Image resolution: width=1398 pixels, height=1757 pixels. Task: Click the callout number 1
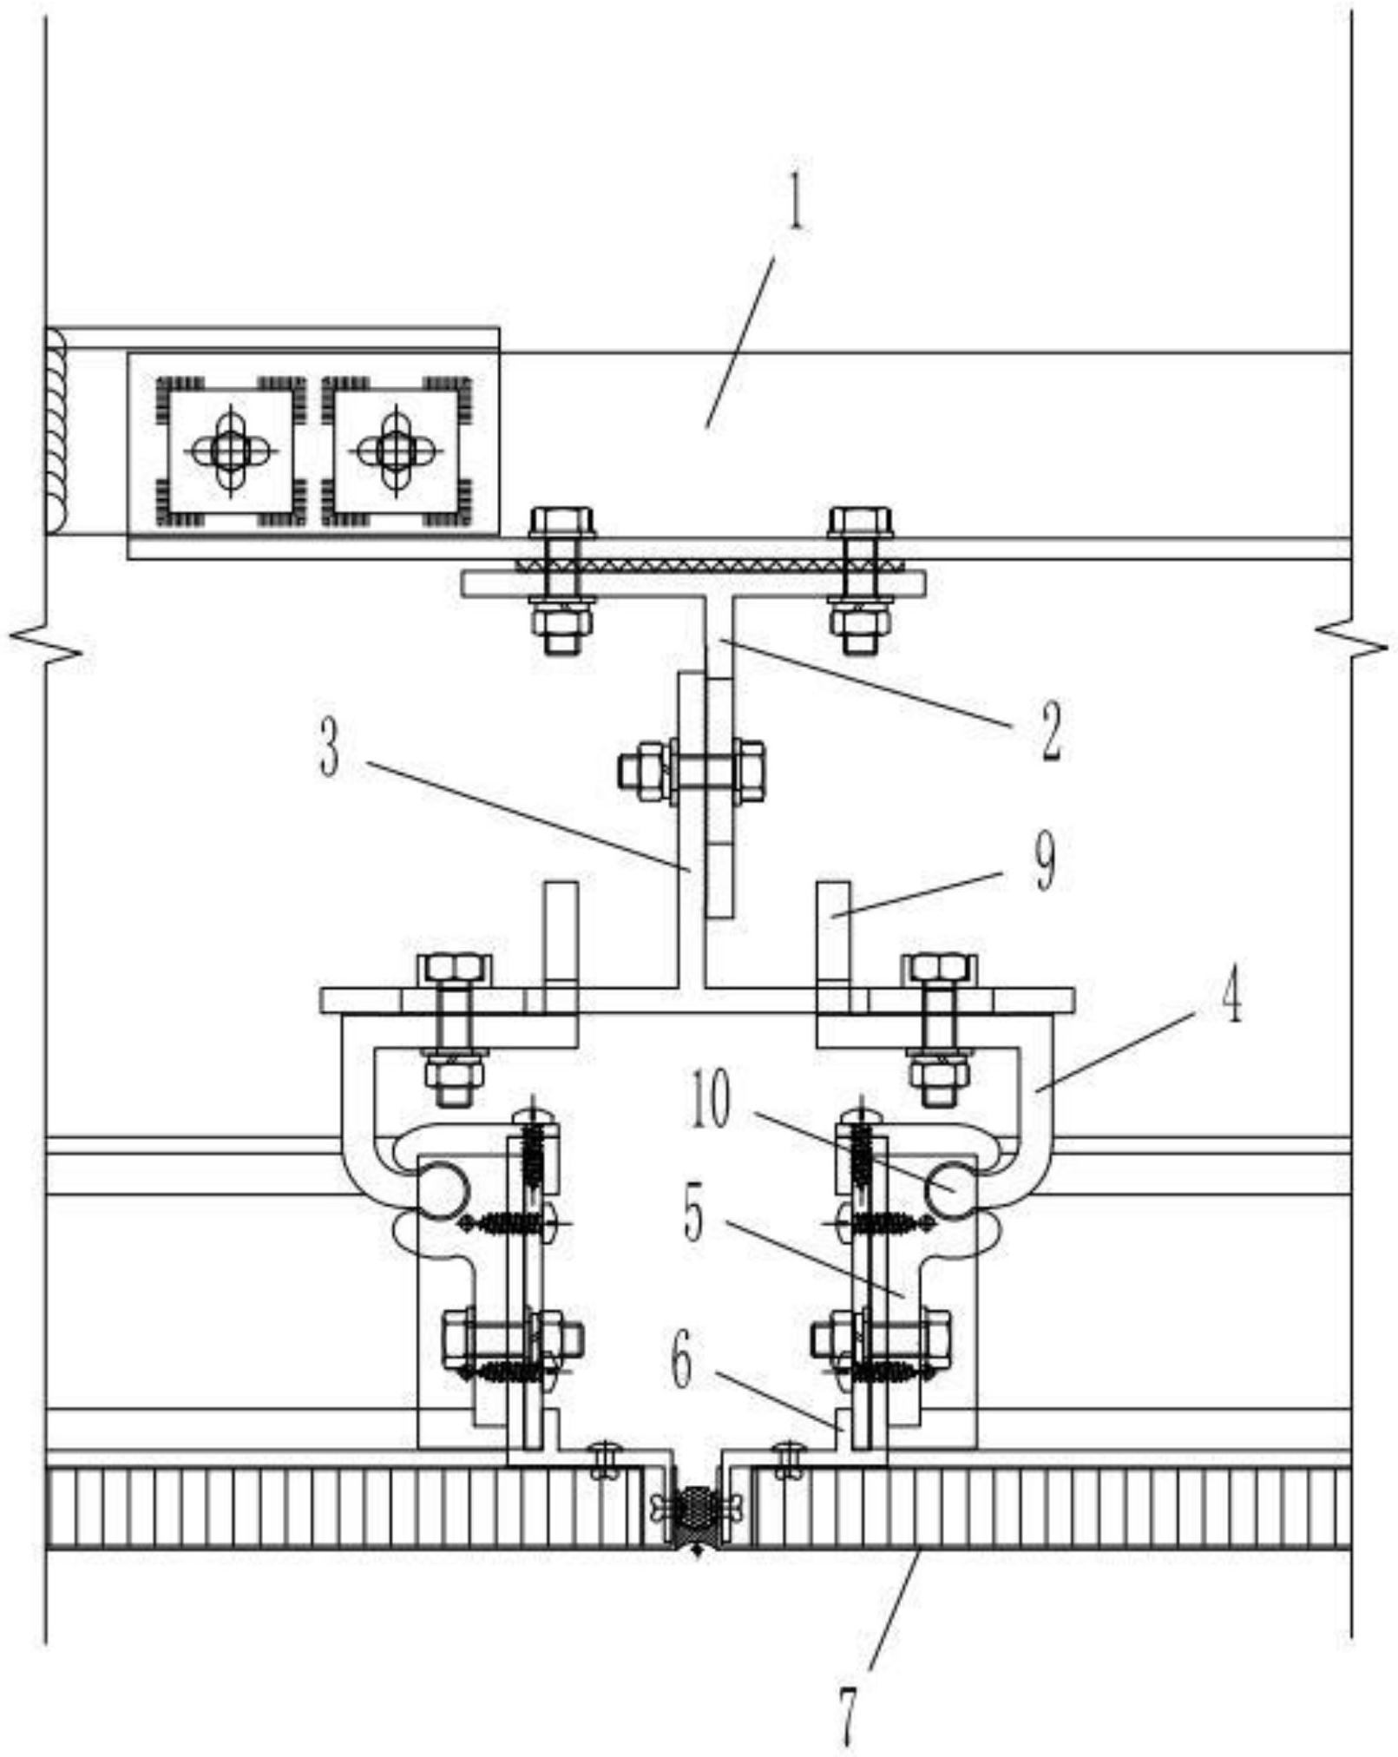(x=794, y=202)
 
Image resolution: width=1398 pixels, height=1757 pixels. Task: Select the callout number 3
(x=329, y=748)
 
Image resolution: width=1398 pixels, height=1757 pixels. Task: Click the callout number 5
(x=693, y=1214)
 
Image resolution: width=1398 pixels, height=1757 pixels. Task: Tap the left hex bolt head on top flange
(x=561, y=521)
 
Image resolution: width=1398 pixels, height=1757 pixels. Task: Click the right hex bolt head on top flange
(x=860, y=521)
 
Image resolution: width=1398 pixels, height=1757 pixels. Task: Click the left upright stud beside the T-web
(x=561, y=933)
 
